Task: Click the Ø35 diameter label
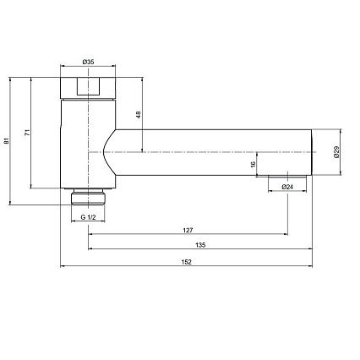[88, 62]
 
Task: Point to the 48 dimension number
[139, 115]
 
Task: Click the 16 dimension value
[253, 166]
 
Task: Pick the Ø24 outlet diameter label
[286, 186]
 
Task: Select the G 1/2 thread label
[88, 218]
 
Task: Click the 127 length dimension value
[187, 229]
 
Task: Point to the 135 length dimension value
[200, 245]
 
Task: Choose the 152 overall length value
[187, 261]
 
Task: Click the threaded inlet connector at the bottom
[88, 196]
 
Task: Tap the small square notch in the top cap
[88, 85]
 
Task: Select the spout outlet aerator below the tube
[286, 177]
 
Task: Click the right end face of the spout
[312, 152]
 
